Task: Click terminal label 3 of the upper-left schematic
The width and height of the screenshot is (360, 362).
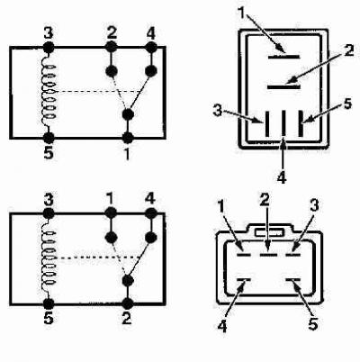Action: click(x=49, y=33)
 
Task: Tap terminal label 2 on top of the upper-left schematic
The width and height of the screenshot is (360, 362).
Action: click(x=112, y=32)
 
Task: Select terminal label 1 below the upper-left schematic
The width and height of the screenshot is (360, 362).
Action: click(x=128, y=154)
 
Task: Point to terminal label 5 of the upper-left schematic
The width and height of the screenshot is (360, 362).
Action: click(x=49, y=153)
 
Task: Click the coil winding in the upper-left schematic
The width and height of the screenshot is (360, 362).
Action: click(x=49, y=93)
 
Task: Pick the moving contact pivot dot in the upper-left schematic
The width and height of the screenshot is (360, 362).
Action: click(x=128, y=114)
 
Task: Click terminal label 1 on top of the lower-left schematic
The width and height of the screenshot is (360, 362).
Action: click(x=111, y=199)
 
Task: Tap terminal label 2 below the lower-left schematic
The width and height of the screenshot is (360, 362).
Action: click(x=127, y=319)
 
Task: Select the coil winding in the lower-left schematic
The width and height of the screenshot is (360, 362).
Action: click(x=49, y=258)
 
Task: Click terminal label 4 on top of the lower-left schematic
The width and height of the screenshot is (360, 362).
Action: click(x=150, y=199)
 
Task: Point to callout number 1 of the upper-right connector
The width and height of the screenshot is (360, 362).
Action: click(x=242, y=13)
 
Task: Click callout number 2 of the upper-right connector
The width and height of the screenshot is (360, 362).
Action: click(x=348, y=50)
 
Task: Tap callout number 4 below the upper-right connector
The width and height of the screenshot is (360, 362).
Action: click(x=282, y=177)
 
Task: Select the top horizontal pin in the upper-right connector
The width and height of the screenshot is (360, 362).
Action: click(x=283, y=56)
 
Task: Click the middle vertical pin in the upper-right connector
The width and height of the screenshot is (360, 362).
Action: click(x=283, y=123)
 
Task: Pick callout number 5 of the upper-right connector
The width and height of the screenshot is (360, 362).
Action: click(x=347, y=104)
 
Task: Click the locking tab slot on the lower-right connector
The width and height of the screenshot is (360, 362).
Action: click(x=269, y=232)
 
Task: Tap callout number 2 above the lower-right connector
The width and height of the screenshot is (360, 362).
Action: click(x=265, y=200)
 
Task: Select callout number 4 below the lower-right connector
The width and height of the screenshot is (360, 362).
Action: click(x=222, y=326)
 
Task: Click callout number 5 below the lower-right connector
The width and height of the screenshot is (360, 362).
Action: click(x=313, y=324)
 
